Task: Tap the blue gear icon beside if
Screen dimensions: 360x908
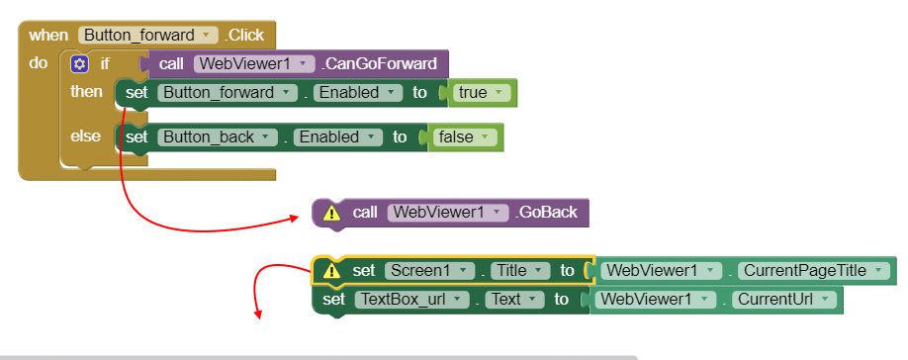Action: click(x=79, y=64)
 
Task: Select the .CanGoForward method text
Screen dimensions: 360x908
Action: click(x=380, y=64)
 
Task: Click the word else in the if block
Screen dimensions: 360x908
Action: click(x=86, y=135)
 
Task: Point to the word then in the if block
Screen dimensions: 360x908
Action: click(x=86, y=91)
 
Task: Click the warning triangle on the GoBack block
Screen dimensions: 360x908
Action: click(x=331, y=213)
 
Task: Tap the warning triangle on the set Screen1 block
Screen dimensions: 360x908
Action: click(x=331, y=271)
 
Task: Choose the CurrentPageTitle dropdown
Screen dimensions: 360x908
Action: click(x=811, y=271)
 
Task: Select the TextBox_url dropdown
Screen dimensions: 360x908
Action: click(x=409, y=300)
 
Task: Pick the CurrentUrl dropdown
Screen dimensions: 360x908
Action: click(x=784, y=300)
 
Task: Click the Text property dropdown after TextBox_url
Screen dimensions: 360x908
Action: click(x=512, y=300)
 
